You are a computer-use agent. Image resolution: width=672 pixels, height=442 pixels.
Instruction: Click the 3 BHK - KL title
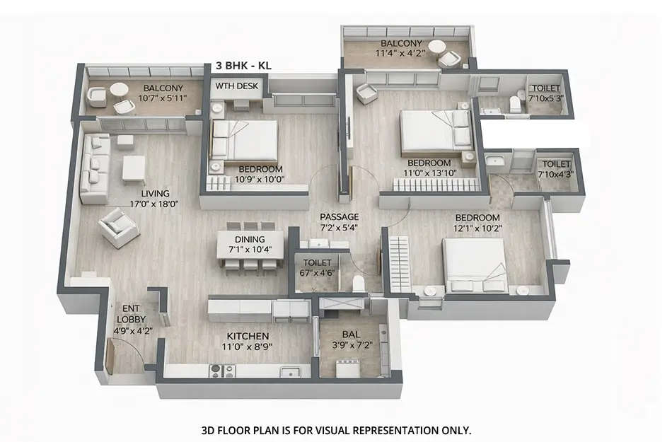(x=243, y=65)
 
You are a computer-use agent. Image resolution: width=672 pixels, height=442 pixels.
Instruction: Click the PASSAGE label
(x=339, y=216)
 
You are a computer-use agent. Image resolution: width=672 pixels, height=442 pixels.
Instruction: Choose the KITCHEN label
(x=247, y=335)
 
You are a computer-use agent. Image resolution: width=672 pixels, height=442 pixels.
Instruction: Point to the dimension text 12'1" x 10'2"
(x=477, y=228)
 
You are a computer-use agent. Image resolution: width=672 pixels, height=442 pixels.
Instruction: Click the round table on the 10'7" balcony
(x=120, y=90)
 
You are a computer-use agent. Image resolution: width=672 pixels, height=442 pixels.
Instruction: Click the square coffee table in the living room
(x=134, y=169)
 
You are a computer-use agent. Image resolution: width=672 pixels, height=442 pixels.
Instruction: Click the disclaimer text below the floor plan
(x=336, y=429)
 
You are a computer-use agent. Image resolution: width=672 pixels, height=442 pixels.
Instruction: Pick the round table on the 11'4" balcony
(x=438, y=48)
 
